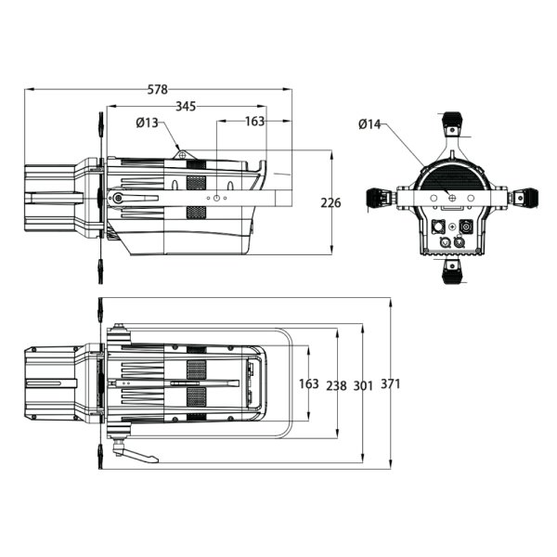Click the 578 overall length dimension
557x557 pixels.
pyautogui.click(x=158, y=89)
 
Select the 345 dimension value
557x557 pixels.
pyautogui.click(x=186, y=106)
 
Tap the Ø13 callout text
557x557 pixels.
pyautogui.click(x=147, y=123)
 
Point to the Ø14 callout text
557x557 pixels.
pyautogui.click(x=369, y=124)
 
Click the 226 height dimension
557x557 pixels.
pyautogui.click(x=330, y=202)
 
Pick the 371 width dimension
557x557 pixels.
pyautogui.click(x=391, y=383)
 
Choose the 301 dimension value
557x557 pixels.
pyautogui.click(x=363, y=385)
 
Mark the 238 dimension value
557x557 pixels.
pyautogui.click(x=336, y=385)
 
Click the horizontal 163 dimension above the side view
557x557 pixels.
pyautogui.click(x=255, y=122)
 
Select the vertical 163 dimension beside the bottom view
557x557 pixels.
pyautogui.click(x=309, y=383)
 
